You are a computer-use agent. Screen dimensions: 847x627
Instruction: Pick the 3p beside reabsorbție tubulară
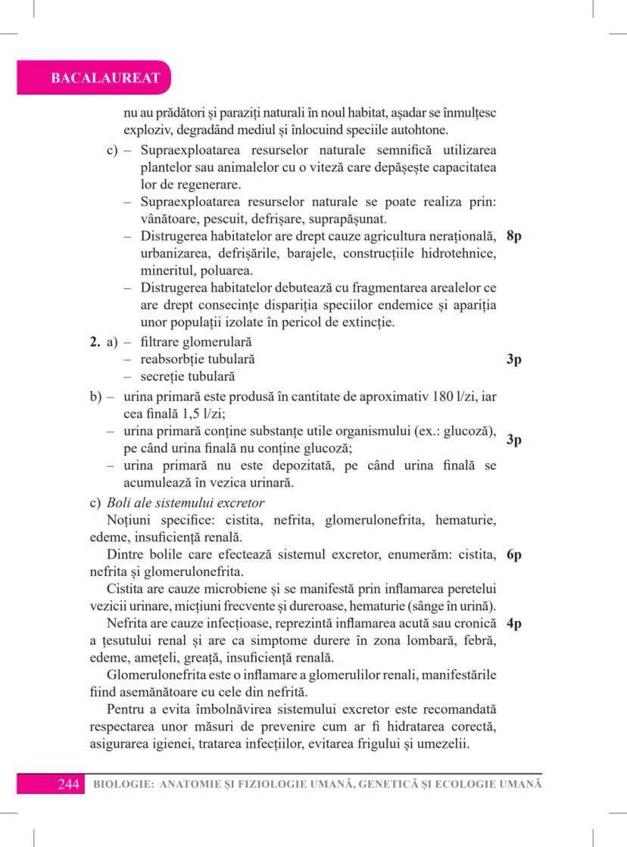pos(513,359)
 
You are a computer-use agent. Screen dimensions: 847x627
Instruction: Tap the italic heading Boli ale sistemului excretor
pos(185,503)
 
